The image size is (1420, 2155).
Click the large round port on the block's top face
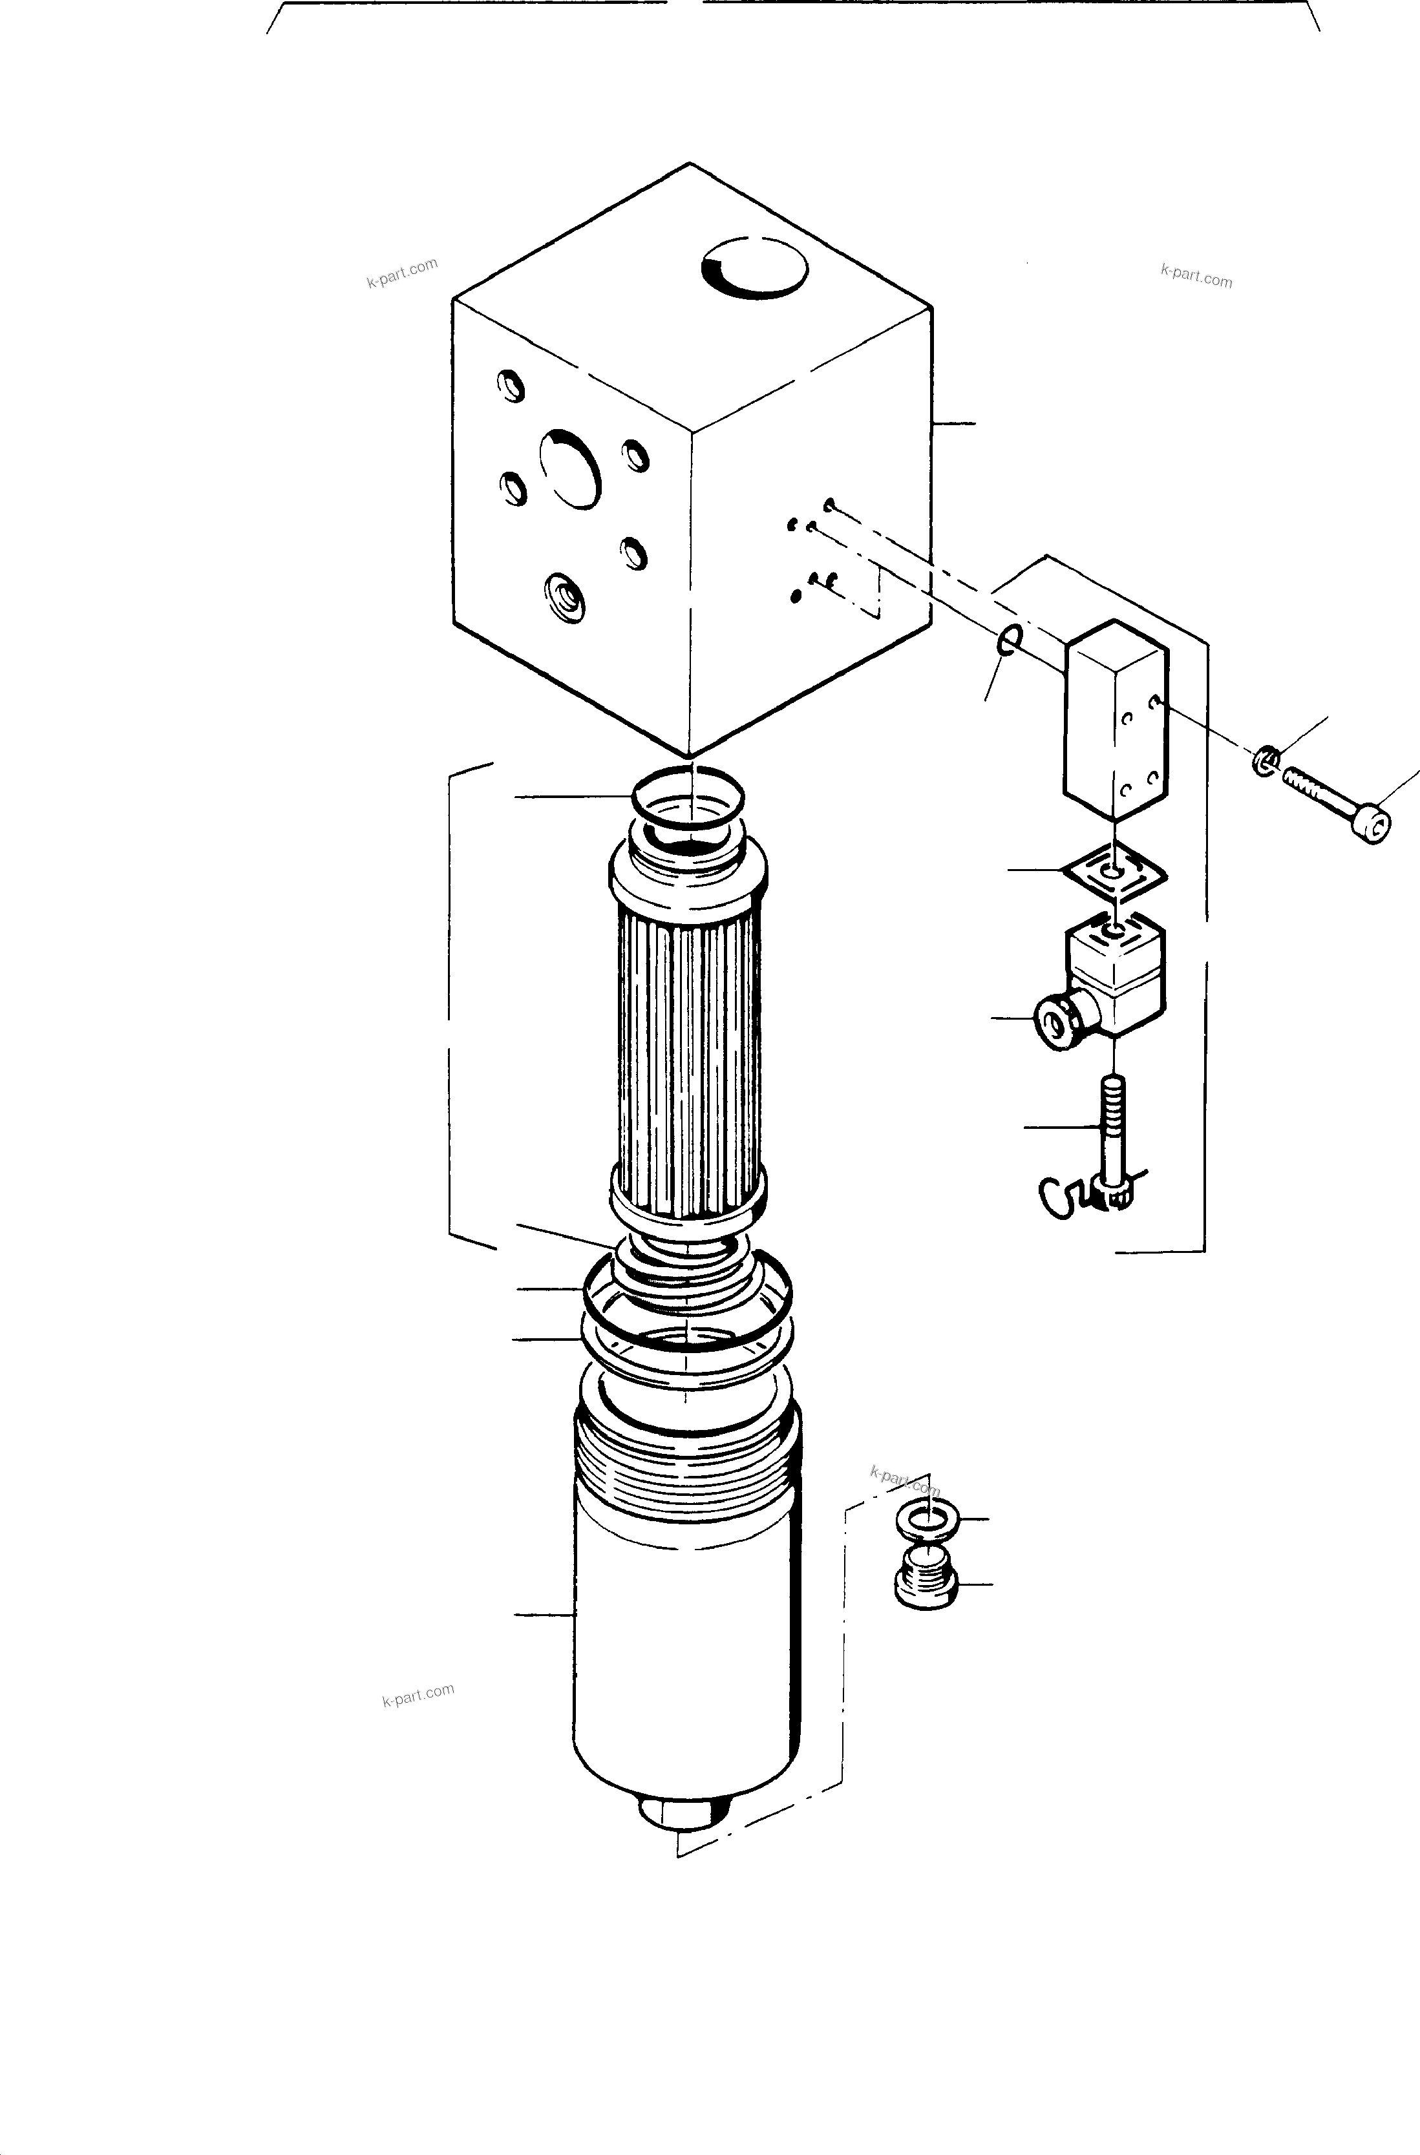tap(754, 268)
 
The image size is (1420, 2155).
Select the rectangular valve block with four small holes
tap(1114, 720)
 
